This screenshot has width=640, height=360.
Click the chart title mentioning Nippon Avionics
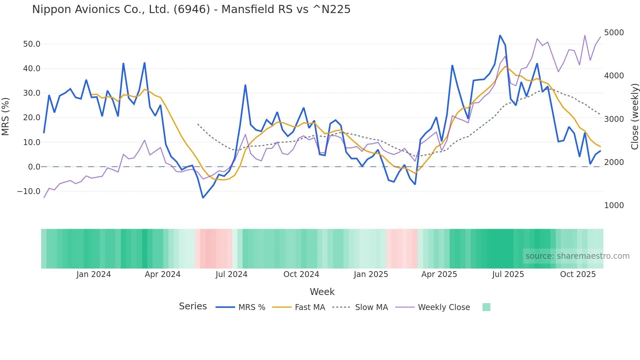click(x=191, y=9)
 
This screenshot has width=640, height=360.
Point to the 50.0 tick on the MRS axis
click(x=32, y=44)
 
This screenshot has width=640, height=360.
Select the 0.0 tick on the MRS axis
click(x=34, y=167)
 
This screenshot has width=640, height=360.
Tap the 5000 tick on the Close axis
click(x=614, y=33)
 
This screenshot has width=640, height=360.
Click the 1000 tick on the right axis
click(x=614, y=205)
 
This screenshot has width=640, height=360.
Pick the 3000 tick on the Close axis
click(x=614, y=119)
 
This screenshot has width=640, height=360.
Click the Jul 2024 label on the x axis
click(x=231, y=274)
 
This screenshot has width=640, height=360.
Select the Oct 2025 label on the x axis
click(x=578, y=274)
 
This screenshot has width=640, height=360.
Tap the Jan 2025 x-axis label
click(x=371, y=274)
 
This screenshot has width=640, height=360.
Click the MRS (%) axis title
click(x=6, y=116)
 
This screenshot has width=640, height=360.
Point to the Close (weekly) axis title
click(x=634, y=116)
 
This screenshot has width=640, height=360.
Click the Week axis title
click(x=322, y=292)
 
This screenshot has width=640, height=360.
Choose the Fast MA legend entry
click(x=310, y=307)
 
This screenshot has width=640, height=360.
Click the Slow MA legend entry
click(x=371, y=307)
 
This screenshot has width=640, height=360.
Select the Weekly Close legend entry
click(x=444, y=307)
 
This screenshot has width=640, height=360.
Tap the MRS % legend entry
click(x=251, y=307)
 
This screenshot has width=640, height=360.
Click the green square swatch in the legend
click(x=486, y=307)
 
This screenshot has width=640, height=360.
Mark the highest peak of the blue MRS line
click(x=500, y=35)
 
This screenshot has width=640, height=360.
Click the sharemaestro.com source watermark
click(x=577, y=256)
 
